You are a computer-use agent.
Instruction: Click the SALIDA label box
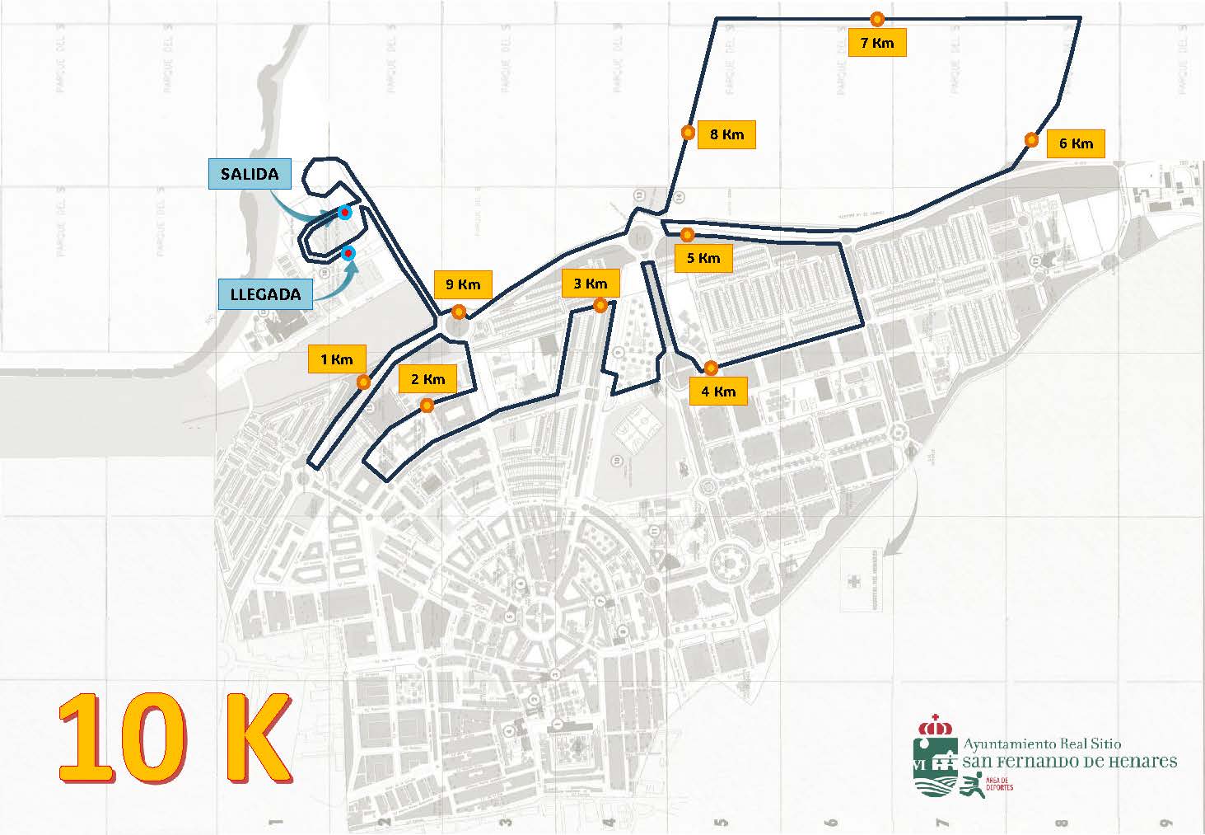point(250,174)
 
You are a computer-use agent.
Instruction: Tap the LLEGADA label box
point(265,293)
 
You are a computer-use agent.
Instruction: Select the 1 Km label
point(337,359)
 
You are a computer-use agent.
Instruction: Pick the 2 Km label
point(427,379)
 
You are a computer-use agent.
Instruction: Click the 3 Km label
point(590,284)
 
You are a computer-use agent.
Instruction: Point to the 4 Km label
point(718,392)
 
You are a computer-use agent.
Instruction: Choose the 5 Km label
point(703,258)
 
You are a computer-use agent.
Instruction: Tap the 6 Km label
point(1076,143)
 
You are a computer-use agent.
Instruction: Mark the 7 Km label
point(876,42)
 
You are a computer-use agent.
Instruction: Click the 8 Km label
point(726,134)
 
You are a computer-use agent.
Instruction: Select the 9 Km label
point(463,284)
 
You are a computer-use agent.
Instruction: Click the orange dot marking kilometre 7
point(878,18)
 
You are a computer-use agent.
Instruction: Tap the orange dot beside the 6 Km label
point(1031,140)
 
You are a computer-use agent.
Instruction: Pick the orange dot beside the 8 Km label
point(687,133)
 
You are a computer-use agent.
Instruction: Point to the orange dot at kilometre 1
point(363,382)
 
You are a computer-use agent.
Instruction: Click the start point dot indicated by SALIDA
point(345,213)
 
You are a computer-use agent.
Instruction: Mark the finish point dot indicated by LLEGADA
point(349,252)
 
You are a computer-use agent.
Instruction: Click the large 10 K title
point(175,738)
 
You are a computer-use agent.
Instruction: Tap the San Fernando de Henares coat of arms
point(935,756)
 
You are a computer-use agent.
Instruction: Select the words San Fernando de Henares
point(1070,762)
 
